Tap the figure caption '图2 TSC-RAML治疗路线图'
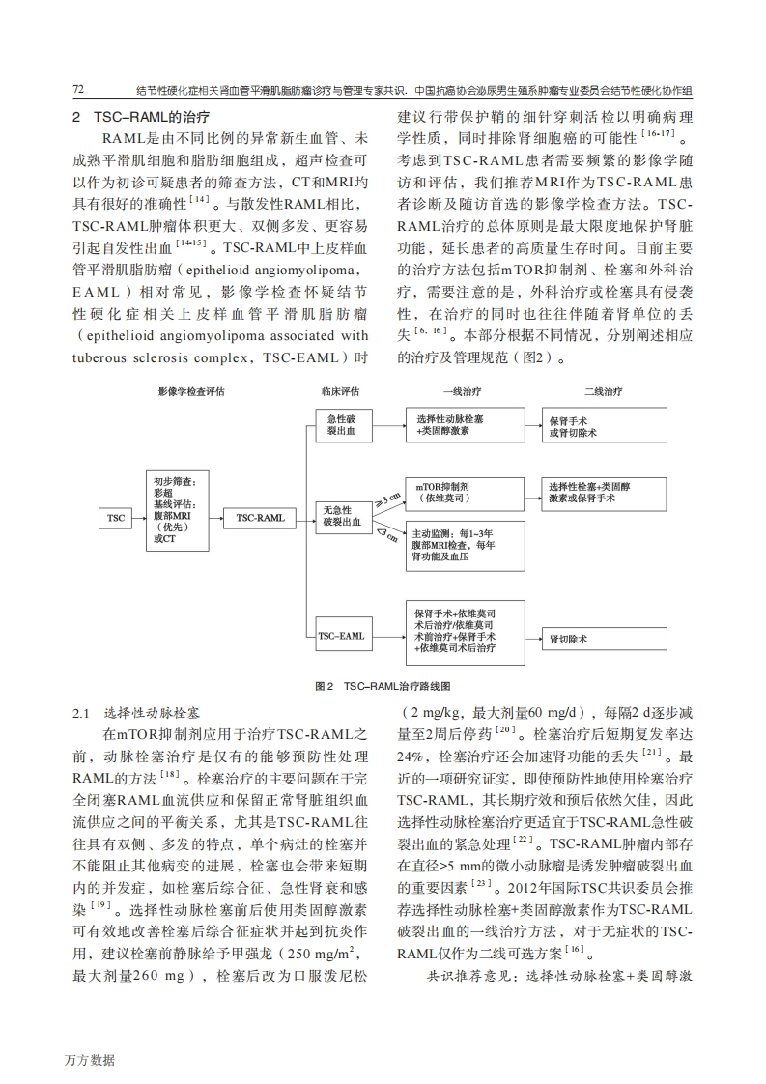(383, 685)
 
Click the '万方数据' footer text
(90, 1059)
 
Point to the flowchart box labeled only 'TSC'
(116, 519)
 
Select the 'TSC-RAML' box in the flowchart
(260, 519)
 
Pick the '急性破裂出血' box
(343, 425)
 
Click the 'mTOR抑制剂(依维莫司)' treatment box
(451, 492)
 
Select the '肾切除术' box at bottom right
(601, 640)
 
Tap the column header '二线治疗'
(603, 391)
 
